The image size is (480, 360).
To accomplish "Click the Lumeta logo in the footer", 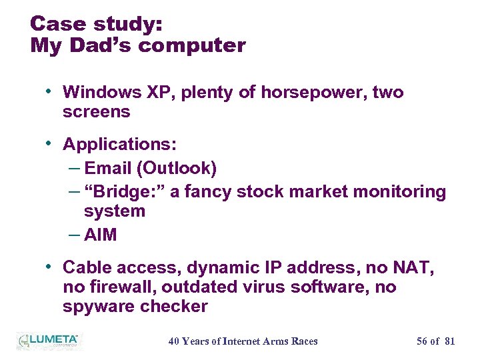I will [47, 341].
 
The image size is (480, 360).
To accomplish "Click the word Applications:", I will [119, 144].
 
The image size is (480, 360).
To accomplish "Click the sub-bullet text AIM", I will [101, 235].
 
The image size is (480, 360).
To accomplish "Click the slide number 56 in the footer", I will [422, 341].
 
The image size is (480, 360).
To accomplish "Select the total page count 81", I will [449, 341].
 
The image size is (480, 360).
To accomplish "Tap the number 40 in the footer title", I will [174, 341].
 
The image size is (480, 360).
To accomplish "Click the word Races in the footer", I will [305, 341].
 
